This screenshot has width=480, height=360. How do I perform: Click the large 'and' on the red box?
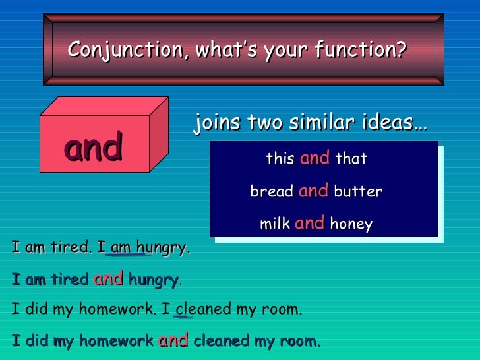click(x=94, y=147)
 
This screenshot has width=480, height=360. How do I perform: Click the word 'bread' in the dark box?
click(x=272, y=192)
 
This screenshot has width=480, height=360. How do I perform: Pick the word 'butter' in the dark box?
click(x=358, y=192)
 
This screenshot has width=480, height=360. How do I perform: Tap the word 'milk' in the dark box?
click(x=275, y=224)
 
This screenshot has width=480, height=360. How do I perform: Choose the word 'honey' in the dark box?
click(x=351, y=224)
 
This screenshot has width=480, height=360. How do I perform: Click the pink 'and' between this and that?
click(x=315, y=158)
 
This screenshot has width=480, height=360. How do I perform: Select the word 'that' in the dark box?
click(x=351, y=159)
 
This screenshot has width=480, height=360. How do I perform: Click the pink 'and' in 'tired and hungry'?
click(x=108, y=279)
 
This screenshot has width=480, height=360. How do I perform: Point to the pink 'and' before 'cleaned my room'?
click(x=173, y=340)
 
